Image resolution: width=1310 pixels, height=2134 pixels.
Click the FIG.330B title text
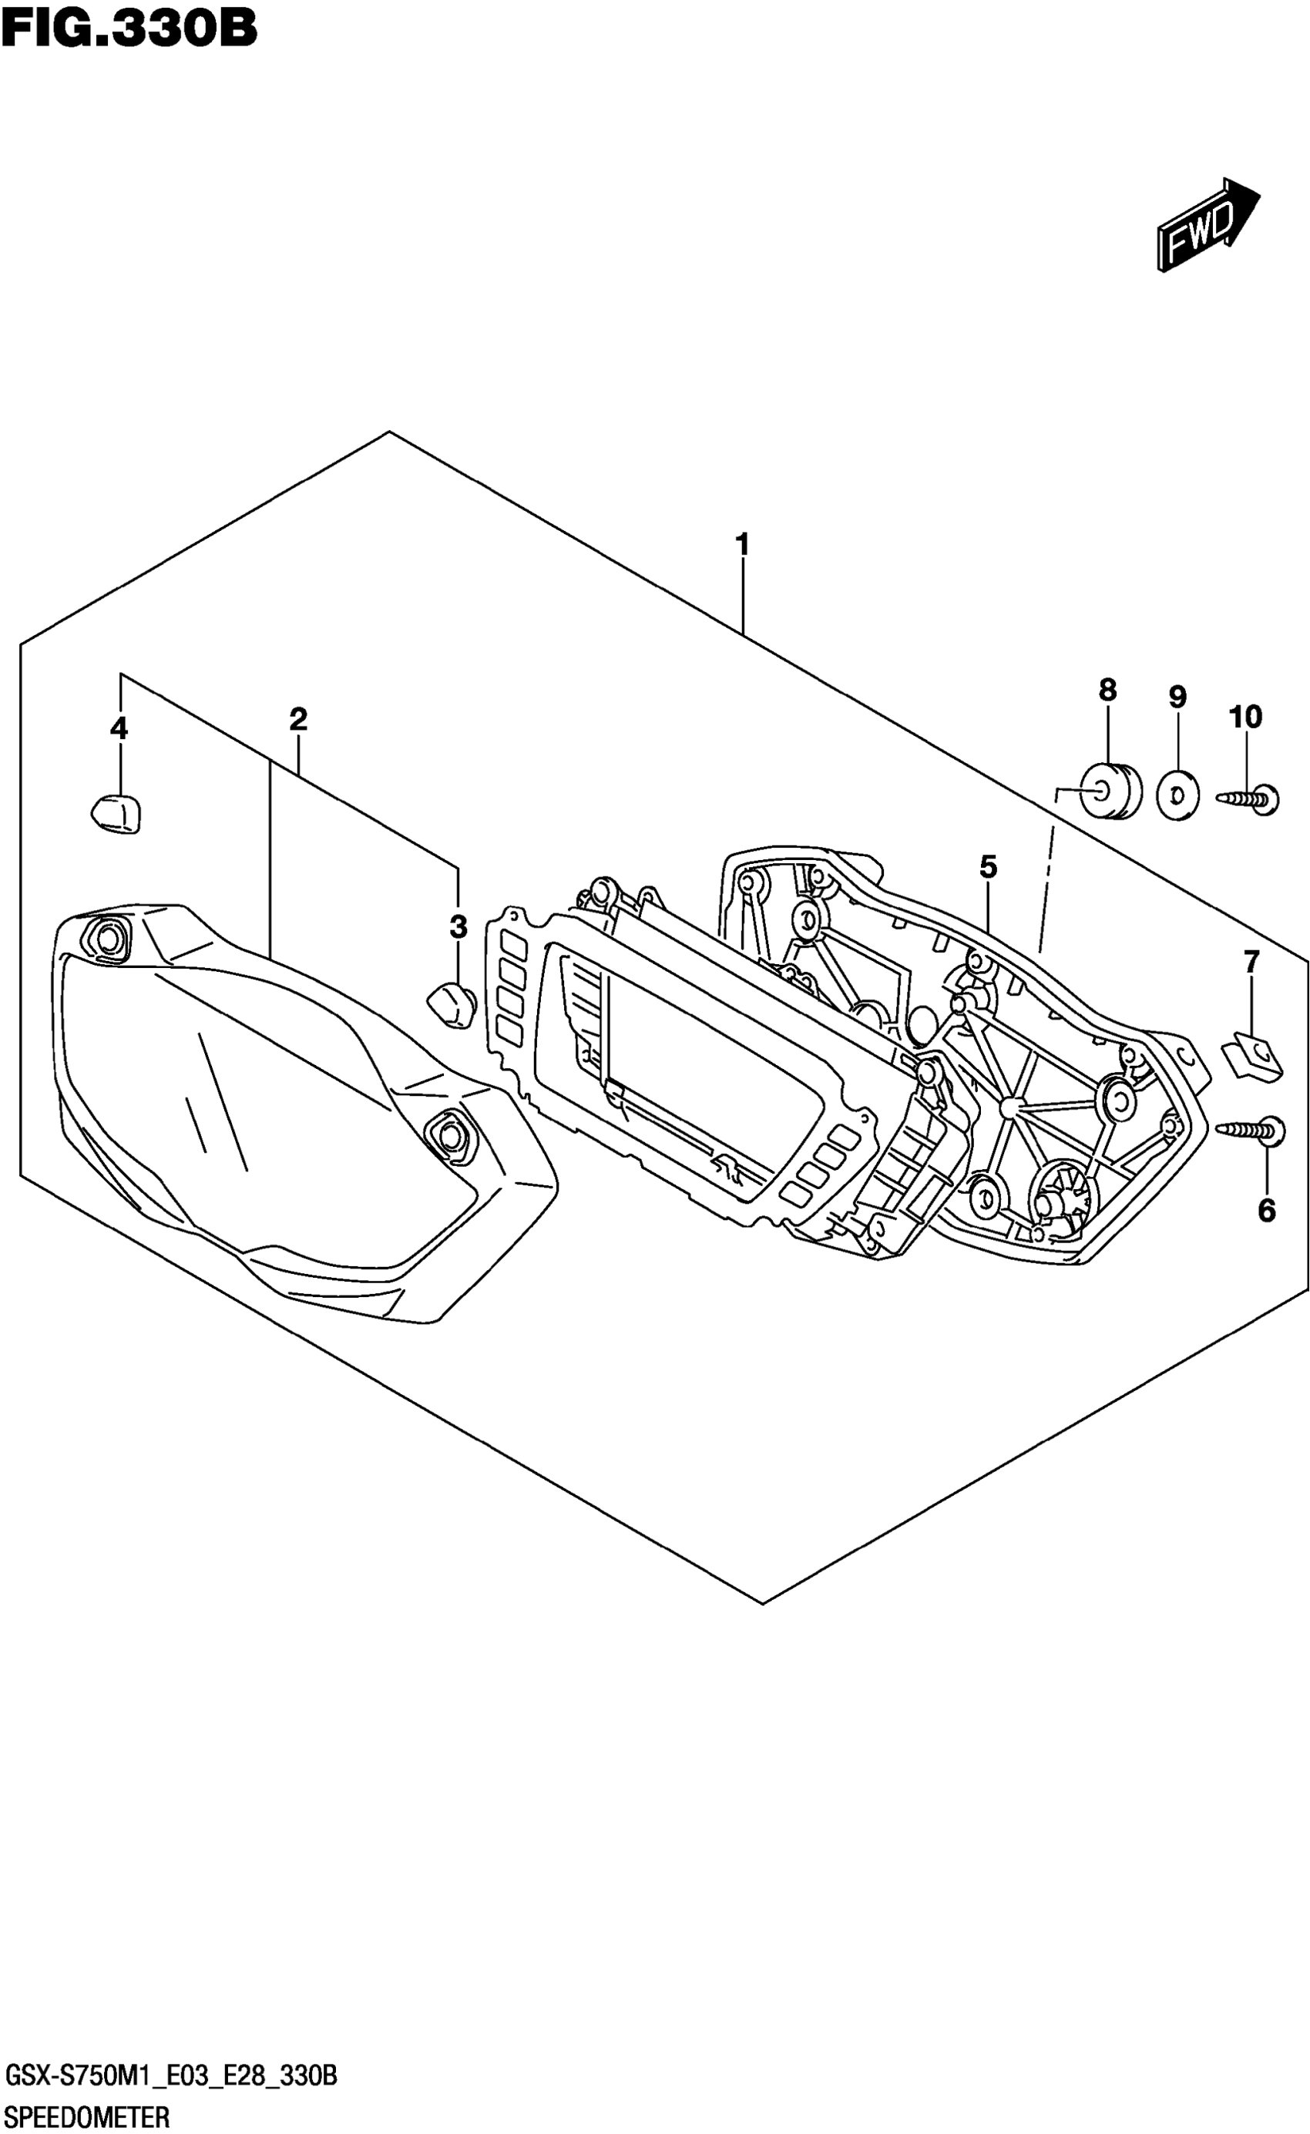coord(129,28)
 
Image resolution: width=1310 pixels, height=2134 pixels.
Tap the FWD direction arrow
coord(1206,224)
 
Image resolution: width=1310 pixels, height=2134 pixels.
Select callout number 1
coord(741,545)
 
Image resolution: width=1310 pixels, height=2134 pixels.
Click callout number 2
coord(298,719)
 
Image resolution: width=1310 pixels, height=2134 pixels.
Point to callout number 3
coord(458,927)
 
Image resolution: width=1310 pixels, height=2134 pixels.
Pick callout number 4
coord(119,728)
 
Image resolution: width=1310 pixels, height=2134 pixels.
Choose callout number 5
coord(989,865)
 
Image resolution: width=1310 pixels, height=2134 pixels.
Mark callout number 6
coord(1267,1211)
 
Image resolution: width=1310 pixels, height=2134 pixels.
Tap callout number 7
coord(1251,961)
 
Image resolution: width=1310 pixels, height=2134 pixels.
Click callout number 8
coord(1107,691)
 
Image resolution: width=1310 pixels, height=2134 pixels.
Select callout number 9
coord(1177,697)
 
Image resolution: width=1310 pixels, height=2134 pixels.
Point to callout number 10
coord(1245,717)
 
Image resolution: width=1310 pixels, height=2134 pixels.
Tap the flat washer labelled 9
coord(1178,795)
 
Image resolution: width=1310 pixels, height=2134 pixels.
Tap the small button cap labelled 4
coord(116,813)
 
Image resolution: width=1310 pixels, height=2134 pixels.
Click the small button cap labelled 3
coord(452,1005)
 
